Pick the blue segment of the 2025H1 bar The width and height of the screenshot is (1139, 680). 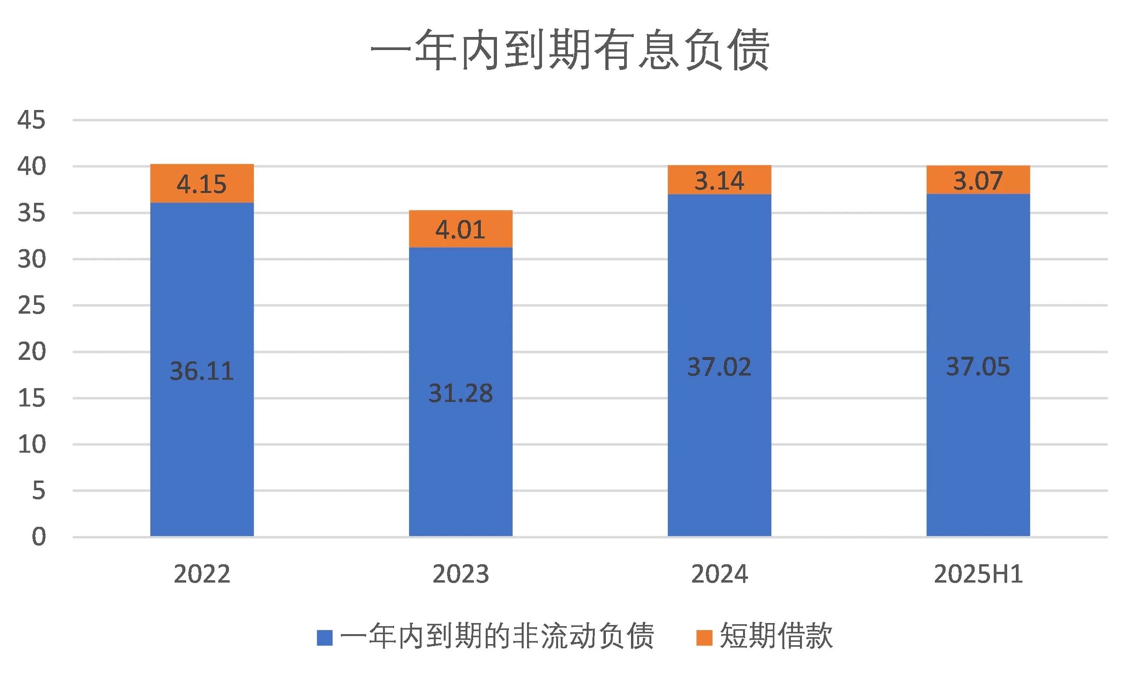point(978,458)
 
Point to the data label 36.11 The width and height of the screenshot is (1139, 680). point(202,371)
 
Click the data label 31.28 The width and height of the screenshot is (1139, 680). point(460,393)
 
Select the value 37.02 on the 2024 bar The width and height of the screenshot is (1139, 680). point(719,367)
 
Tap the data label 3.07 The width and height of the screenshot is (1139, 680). point(978,181)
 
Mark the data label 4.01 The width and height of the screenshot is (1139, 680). point(460,230)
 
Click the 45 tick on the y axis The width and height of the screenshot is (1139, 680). point(32,120)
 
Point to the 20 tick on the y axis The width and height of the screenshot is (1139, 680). point(32,352)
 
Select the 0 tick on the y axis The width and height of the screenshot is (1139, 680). point(39,537)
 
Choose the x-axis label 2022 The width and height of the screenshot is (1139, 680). point(202,574)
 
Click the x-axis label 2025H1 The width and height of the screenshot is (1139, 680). point(978,574)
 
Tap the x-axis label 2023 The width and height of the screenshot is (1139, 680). point(460,574)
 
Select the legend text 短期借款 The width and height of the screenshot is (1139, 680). point(776,636)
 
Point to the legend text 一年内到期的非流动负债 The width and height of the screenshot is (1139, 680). point(497,636)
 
